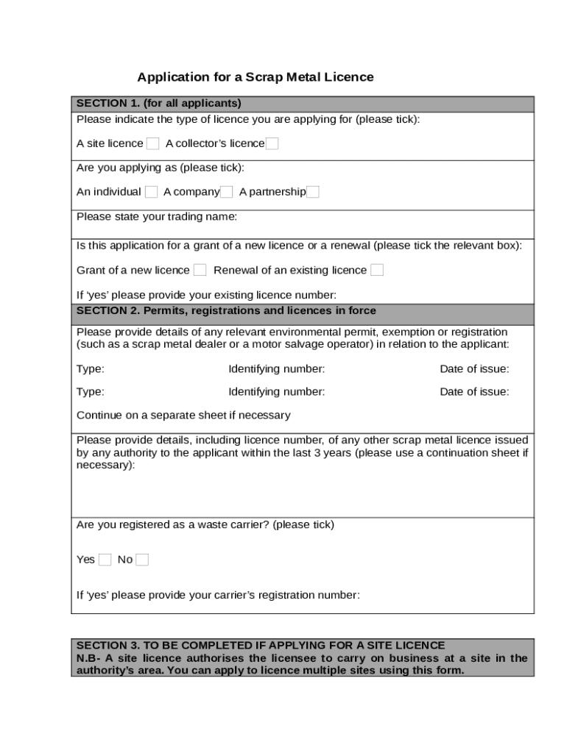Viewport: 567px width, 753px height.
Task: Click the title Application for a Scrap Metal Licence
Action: (256, 77)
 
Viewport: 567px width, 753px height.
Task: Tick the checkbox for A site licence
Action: (152, 143)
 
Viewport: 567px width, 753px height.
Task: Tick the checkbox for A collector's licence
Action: (272, 143)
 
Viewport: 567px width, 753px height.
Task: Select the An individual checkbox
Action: (151, 192)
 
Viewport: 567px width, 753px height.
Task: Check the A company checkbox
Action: (227, 192)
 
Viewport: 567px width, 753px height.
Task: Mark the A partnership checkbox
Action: (313, 192)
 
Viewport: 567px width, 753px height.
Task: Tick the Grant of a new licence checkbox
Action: (200, 270)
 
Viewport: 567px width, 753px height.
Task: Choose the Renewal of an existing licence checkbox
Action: (377, 270)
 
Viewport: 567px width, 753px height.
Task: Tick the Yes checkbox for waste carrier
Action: (105, 560)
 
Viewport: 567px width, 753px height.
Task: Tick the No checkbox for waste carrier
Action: (142, 560)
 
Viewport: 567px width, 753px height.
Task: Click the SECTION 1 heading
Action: (159, 103)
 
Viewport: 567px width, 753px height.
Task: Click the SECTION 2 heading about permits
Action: (226, 311)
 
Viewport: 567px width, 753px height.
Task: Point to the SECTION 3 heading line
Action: (261, 646)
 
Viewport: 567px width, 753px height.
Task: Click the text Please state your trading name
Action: (157, 217)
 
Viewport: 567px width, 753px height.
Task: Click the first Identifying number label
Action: (276, 369)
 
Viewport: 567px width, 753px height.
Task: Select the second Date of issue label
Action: (474, 392)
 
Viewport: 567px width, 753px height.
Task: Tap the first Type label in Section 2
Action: (90, 369)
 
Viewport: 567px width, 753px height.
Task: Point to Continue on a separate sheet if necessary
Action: (183, 415)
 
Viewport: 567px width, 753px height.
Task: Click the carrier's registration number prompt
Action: (218, 595)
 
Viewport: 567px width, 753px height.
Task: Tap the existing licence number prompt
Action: (206, 295)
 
